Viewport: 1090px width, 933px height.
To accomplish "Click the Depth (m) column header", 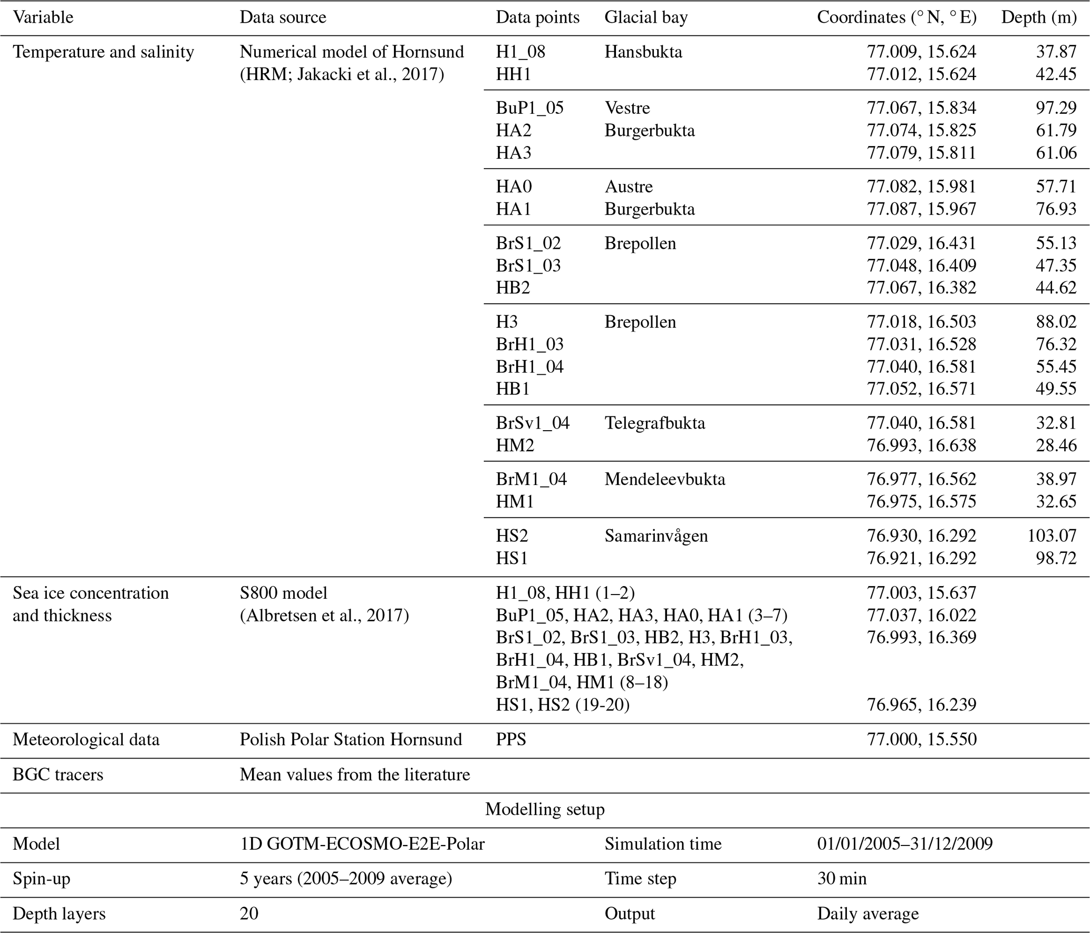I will (x=1038, y=18).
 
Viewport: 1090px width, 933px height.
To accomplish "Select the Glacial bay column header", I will (x=646, y=18).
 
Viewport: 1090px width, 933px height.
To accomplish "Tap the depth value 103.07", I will (x=1052, y=536).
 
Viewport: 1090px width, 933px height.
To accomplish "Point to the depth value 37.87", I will (x=1056, y=52).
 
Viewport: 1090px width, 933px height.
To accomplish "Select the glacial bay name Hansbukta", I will (x=643, y=52).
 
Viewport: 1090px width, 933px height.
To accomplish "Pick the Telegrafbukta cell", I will (x=654, y=423).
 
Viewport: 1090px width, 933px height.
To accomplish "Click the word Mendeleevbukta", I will (x=664, y=479).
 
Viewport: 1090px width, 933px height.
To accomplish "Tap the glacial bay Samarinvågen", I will (x=656, y=536).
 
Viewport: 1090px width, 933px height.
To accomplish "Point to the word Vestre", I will (x=627, y=108).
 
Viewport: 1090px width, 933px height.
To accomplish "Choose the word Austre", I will (x=629, y=187).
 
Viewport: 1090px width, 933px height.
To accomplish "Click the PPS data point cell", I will (x=511, y=740).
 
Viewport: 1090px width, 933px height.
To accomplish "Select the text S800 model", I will (x=283, y=593).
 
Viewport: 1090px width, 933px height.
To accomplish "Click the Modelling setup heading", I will (x=545, y=809).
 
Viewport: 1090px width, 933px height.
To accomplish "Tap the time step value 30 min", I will (x=842, y=879).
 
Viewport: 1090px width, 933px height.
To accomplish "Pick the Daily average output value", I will (x=867, y=913).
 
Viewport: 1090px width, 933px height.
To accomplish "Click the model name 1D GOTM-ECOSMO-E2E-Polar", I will (x=362, y=844).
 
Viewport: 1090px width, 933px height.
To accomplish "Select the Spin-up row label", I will (x=41, y=879).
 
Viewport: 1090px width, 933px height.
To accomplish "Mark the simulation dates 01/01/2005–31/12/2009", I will (x=904, y=844).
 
